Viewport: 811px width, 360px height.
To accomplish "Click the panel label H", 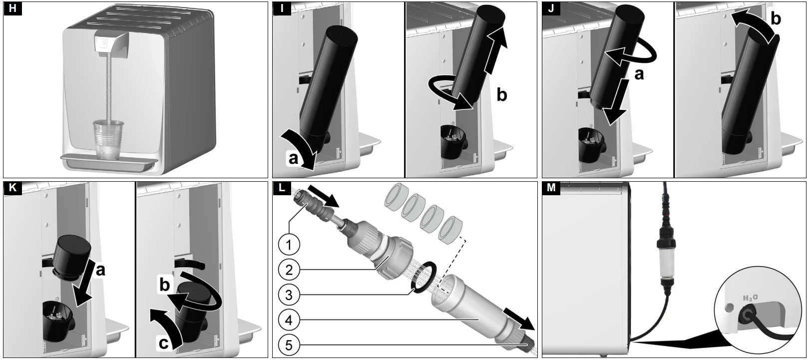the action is pos(12,8).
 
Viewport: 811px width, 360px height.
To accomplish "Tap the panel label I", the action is pos(282,8).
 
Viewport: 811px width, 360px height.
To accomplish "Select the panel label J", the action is pos(551,8).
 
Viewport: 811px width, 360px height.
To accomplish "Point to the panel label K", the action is pos(12,188).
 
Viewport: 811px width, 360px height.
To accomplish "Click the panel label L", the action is pos(282,188).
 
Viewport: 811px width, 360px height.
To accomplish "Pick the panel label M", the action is pos(551,188).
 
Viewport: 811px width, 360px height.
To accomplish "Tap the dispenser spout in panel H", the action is pos(112,45).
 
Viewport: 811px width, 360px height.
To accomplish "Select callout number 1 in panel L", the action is pos(289,245).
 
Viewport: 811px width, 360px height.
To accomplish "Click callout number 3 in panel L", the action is pos(289,295).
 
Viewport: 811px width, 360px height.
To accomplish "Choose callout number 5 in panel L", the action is pos(289,345).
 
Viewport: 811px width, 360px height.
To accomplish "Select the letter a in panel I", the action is pos(293,158).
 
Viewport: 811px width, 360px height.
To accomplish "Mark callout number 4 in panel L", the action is pos(289,320).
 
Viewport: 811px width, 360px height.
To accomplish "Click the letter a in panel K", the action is pos(100,270).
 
